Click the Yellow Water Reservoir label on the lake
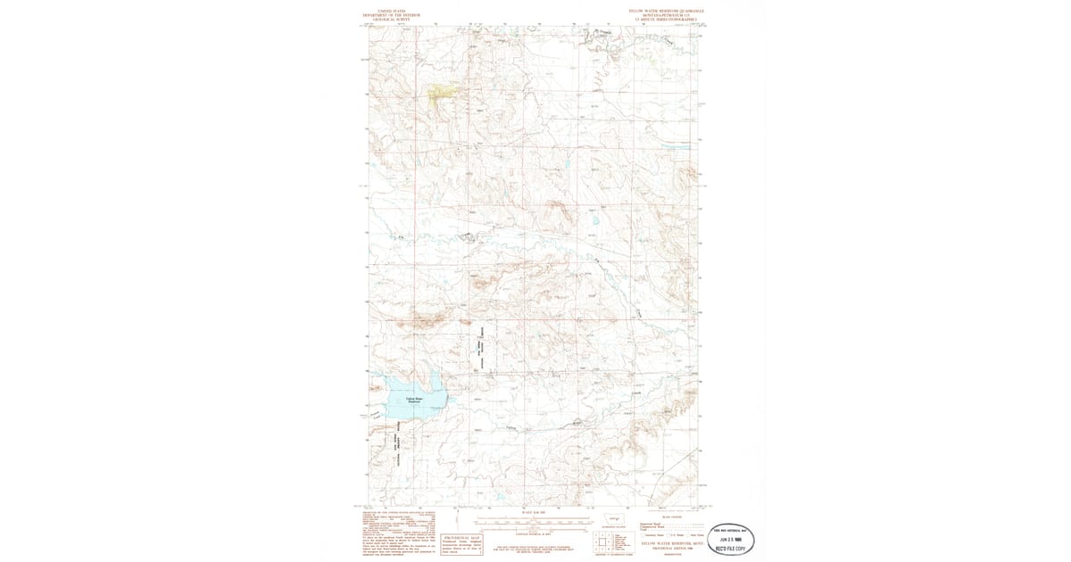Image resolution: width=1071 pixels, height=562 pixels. tap(412, 399)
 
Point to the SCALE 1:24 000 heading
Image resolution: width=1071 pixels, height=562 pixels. tap(533, 512)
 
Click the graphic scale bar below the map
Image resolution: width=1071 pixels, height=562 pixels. tap(533, 521)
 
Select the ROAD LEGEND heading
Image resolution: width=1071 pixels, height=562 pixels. tap(670, 517)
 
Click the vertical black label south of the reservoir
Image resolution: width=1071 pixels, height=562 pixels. tap(394, 446)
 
